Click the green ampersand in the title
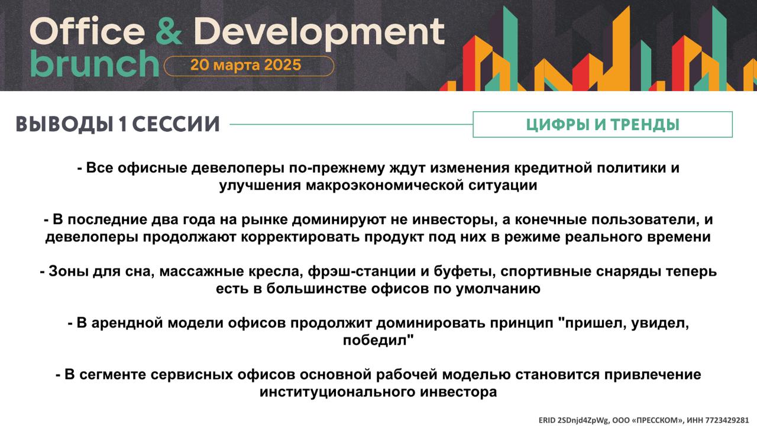pos(169,31)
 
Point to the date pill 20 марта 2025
pos(249,66)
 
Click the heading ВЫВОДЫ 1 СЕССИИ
pos(118,124)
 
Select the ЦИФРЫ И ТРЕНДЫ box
pos(603,124)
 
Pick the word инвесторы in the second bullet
pos(455,220)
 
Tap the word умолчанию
pos(498,289)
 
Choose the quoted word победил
pos(378,340)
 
